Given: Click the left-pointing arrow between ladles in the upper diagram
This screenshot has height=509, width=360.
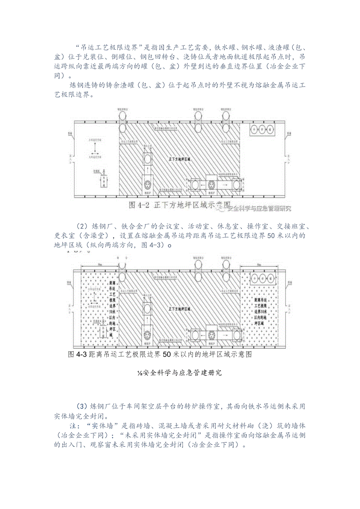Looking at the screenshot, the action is pos(202,184).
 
